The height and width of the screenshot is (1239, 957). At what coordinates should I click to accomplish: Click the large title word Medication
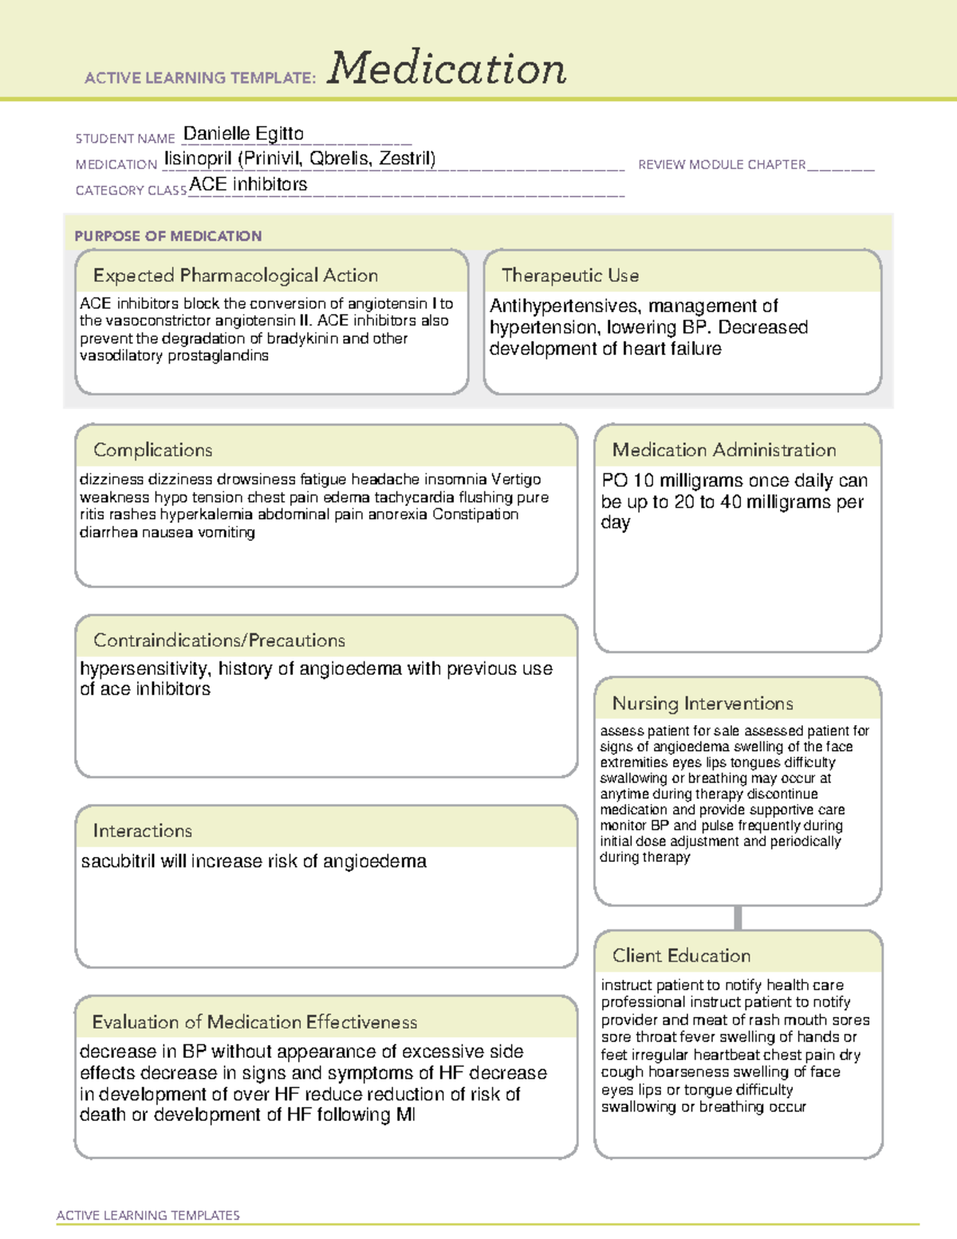coord(447,69)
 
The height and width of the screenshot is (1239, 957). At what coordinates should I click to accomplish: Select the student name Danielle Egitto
coord(243,134)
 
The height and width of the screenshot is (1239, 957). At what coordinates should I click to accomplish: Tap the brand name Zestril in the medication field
coord(407,159)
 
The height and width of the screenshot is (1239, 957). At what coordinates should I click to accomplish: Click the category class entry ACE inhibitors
coord(248,184)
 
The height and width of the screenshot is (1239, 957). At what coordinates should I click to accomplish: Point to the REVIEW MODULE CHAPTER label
coord(722,164)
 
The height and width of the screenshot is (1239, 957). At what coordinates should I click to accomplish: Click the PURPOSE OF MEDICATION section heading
coord(168,236)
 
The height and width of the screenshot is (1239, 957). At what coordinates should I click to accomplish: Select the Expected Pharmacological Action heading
coord(235,275)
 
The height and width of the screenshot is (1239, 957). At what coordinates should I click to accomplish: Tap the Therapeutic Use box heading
coord(570,275)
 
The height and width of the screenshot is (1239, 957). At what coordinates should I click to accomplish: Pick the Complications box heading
coord(153,450)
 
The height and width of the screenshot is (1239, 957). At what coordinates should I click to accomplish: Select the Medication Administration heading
coord(724,450)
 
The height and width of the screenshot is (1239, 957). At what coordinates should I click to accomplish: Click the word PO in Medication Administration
coord(615,480)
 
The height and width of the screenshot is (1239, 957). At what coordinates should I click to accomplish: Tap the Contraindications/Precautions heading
coord(219,641)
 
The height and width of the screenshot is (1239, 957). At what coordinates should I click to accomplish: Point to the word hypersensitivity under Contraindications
coord(144,669)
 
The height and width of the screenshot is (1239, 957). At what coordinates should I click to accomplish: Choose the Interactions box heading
coord(143,831)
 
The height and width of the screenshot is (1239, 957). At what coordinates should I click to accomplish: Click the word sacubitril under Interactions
coord(118,862)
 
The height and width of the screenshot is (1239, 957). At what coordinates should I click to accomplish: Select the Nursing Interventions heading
coord(703,704)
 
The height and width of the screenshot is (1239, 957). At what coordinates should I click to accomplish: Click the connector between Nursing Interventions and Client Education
coord(738,917)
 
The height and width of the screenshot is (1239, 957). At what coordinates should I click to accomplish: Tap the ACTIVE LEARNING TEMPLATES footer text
coord(148,1215)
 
